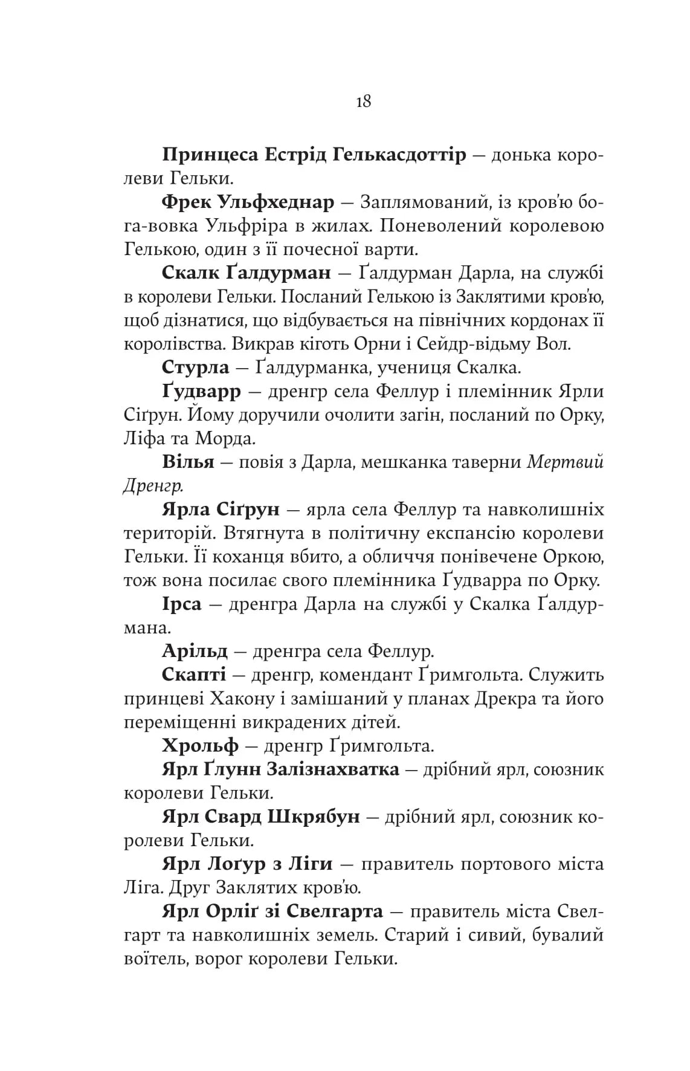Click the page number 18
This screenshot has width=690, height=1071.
364,101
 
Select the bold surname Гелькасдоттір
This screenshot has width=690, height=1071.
399,155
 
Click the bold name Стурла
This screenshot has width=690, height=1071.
196,367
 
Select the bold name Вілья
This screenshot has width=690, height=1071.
188,462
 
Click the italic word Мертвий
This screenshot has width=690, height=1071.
566,462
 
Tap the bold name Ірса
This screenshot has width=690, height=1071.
181,604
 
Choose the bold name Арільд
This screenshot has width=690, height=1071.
195,652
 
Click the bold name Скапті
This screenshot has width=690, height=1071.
194,675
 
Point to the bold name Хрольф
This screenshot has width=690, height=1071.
200,746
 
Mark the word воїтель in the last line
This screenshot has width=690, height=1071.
155,959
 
